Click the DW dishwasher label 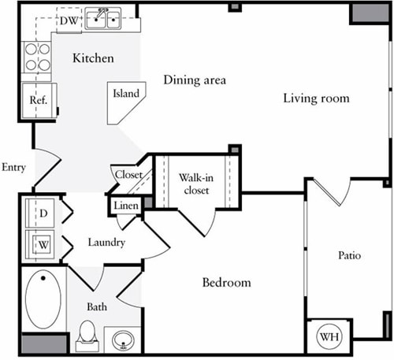tap(69, 20)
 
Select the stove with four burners tap(35, 57)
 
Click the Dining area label tap(195, 80)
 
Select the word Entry tap(14, 167)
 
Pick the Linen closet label tap(125, 206)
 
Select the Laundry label tap(106, 243)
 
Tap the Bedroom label tap(226, 283)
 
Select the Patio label tap(349, 255)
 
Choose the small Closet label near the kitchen tap(128, 175)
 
